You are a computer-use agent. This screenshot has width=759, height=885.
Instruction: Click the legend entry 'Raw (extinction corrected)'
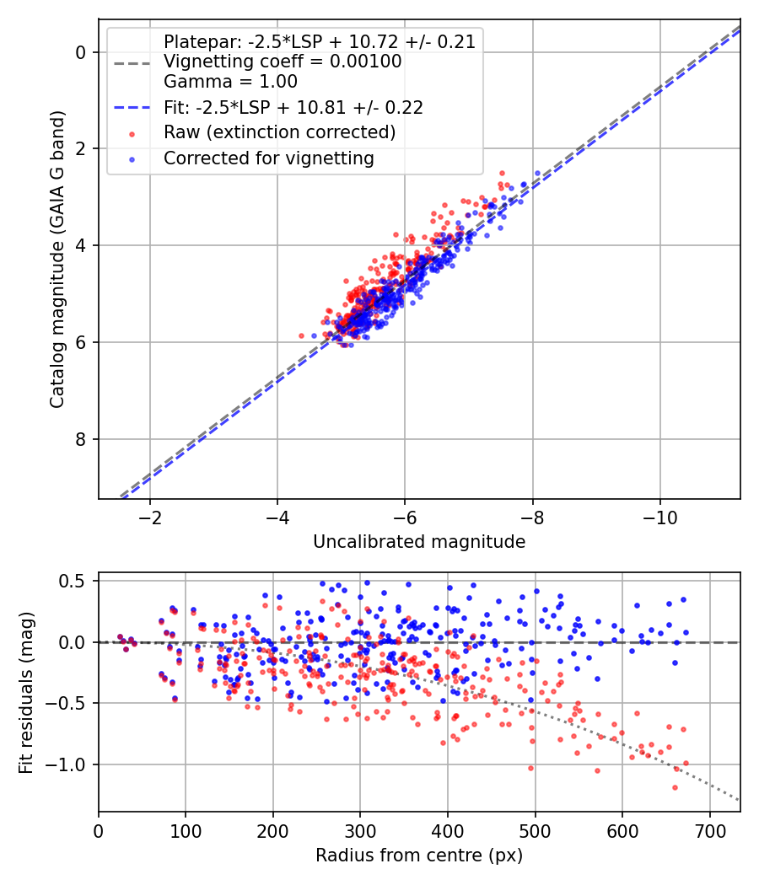(279, 132)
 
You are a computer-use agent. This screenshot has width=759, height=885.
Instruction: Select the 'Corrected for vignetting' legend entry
(269, 158)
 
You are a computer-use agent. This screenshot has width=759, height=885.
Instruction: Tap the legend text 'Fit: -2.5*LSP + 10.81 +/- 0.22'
(293, 108)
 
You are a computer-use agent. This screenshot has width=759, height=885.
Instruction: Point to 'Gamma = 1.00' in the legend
(230, 82)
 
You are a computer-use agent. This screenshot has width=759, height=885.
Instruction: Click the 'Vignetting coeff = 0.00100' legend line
(283, 62)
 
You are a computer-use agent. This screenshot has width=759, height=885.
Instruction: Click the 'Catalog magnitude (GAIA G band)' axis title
(57, 276)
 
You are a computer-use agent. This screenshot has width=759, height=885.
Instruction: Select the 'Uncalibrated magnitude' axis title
(419, 542)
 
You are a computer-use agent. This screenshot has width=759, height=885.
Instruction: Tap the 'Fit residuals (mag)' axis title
(26, 692)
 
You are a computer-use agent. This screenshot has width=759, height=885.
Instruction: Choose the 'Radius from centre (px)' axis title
(419, 855)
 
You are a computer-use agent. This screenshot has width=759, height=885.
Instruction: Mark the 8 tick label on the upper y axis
(82, 439)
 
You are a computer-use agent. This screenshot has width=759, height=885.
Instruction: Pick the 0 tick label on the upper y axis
(82, 52)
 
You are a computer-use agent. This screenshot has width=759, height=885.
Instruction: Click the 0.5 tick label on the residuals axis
(75, 581)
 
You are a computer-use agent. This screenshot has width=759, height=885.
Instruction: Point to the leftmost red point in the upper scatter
(301, 335)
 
